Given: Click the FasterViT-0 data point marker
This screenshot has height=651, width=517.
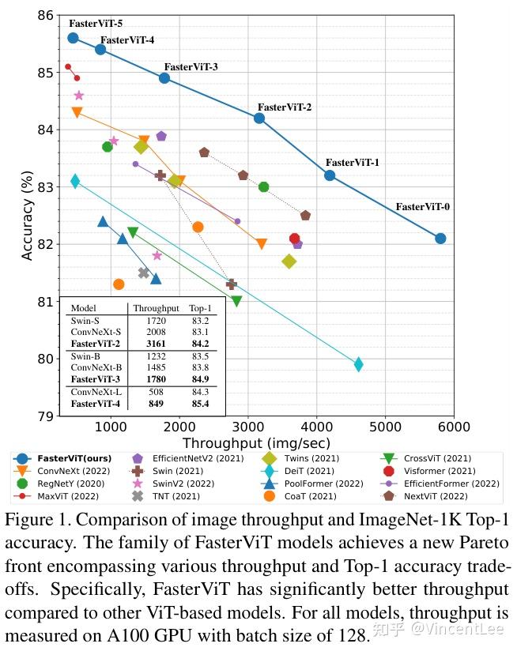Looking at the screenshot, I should tap(440, 239).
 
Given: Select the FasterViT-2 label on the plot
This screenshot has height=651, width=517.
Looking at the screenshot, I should tap(284, 107).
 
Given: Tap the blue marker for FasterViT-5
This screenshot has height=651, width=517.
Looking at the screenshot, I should tap(73, 38).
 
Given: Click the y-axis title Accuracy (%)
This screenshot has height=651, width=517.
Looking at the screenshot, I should tap(28, 216).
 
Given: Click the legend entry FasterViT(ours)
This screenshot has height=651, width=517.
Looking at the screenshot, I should tap(74, 458).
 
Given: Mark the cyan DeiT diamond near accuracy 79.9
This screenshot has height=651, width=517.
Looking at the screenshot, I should tap(358, 364).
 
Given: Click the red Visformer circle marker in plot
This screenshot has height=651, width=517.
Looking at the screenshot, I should tap(295, 239).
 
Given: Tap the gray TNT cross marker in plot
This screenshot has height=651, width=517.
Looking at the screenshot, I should tap(144, 273).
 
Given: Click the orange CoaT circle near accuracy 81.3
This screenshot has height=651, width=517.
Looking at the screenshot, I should tap(119, 284).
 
